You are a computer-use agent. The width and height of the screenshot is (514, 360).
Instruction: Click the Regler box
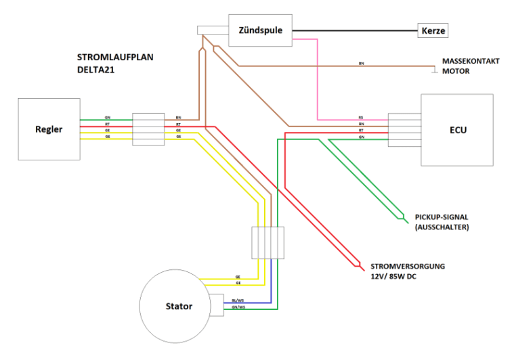[49, 129]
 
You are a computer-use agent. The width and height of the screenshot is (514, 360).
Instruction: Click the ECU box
[457, 130]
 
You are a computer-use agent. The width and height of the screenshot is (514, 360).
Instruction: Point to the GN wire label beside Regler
[108, 117]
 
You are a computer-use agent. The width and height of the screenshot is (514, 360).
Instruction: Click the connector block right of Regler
[148, 129]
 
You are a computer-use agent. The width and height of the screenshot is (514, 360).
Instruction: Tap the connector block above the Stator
[267, 242]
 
